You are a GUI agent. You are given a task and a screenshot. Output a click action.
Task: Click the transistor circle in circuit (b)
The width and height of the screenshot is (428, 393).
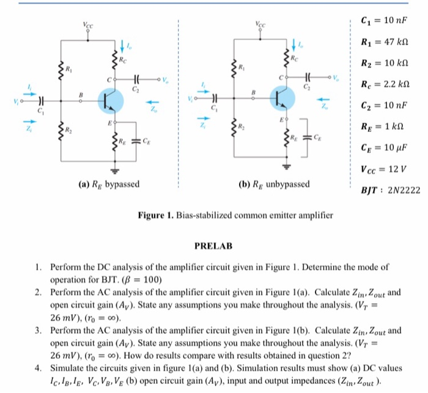coord(282,99)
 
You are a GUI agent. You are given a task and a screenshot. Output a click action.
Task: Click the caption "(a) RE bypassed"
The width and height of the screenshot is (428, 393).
coord(108,184)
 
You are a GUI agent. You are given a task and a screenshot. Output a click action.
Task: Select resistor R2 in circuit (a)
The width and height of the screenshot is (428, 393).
coord(61,130)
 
